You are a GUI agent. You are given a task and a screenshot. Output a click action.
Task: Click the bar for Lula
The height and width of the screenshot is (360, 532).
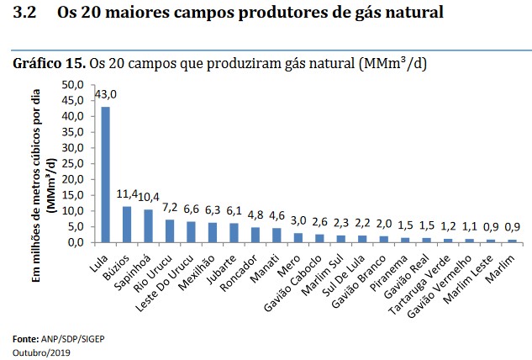(105, 174)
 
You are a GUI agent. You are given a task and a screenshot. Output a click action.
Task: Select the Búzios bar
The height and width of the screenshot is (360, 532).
(127, 224)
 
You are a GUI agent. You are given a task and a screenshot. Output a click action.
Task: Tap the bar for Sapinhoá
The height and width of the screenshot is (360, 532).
(148, 225)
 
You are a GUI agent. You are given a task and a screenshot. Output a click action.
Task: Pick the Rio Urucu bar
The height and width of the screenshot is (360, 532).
(170, 230)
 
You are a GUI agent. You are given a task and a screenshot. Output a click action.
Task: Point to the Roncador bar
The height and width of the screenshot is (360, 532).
(255, 234)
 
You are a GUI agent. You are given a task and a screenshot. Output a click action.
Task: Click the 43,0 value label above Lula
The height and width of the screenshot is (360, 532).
(105, 93)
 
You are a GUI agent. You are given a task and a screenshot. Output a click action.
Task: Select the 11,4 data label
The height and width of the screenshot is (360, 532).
(127, 193)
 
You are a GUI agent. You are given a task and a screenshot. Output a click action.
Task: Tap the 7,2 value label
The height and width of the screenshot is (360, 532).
(170, 207)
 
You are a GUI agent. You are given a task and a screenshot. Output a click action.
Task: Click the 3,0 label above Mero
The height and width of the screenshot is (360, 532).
(298, 220)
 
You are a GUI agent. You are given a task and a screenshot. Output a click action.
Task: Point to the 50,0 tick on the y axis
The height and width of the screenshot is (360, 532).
(73, 85)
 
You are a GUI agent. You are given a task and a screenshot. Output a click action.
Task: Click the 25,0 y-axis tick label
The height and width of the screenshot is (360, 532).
(73, 163)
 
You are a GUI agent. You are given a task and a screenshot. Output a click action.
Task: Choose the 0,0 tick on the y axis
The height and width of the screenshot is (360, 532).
(76, 241)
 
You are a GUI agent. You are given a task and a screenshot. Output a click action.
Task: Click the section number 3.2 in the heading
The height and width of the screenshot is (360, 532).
(24, 14)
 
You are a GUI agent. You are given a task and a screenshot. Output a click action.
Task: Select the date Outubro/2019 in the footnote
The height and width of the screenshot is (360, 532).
(41, 352)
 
